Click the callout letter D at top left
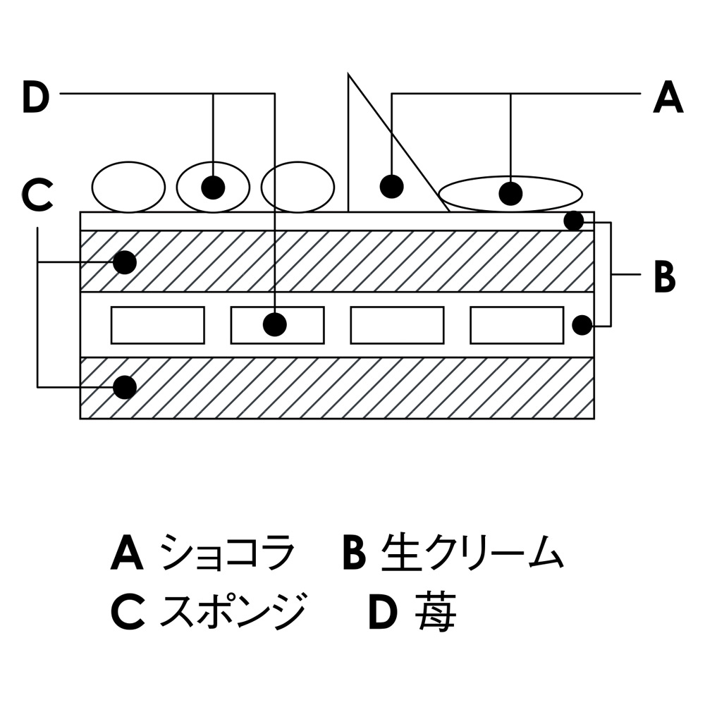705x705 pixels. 36,97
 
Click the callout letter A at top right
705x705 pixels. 668,97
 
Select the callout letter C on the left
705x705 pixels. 37,195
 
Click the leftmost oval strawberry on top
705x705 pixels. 128,187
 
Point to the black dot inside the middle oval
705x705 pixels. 213,187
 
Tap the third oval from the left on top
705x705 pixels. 297,187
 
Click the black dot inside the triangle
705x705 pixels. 391,186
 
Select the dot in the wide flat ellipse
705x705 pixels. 510,192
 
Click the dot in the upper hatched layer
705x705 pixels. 125,262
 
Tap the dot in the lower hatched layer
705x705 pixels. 125,386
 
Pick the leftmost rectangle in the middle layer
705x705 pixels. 158,325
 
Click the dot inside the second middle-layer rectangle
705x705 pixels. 275,324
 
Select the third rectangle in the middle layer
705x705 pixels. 397,325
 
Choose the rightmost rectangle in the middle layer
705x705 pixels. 517,325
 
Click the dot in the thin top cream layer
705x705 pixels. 574,221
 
